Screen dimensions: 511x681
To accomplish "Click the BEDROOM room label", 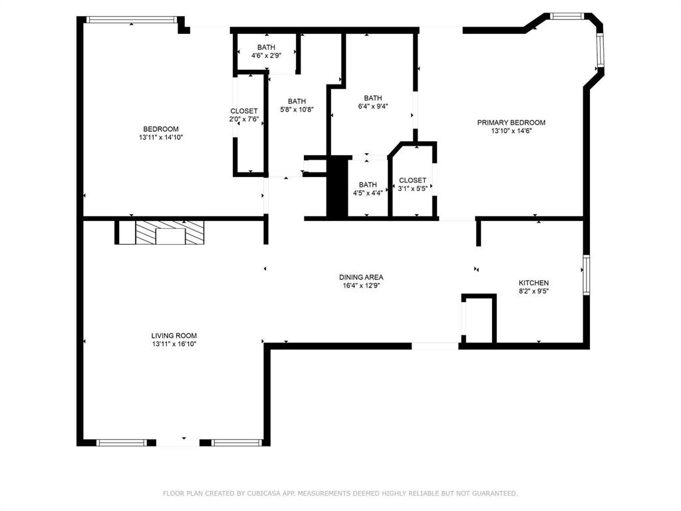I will coord(160,129).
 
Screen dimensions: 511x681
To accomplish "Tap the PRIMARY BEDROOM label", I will coord(511,122).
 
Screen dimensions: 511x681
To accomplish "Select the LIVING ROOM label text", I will coord(174,336).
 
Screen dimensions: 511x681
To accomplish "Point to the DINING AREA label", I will coord(361,277).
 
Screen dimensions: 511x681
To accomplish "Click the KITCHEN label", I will coord(533,283).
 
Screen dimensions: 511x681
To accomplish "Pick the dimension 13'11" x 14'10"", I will coord(160,138).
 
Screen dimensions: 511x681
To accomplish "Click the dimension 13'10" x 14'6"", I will coord(511,131).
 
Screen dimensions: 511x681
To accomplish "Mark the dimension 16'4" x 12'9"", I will coord(361,285).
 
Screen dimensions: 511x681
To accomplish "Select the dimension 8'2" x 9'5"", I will coord(533,291).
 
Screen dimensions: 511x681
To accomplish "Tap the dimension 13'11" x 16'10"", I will coord(174,345).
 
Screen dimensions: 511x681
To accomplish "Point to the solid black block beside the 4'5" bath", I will coord(337,186).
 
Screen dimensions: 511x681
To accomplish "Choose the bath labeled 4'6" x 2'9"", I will coord(266,51).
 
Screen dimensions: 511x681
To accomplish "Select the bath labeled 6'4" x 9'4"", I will coord(372,101).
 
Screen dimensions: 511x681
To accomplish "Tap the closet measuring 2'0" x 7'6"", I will coord(244,115).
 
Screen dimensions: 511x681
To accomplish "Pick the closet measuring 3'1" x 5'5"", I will coord(412,184).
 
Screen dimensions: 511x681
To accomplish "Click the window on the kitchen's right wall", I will coord(586,274).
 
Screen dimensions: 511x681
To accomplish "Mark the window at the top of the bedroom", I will coord(132,19).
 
